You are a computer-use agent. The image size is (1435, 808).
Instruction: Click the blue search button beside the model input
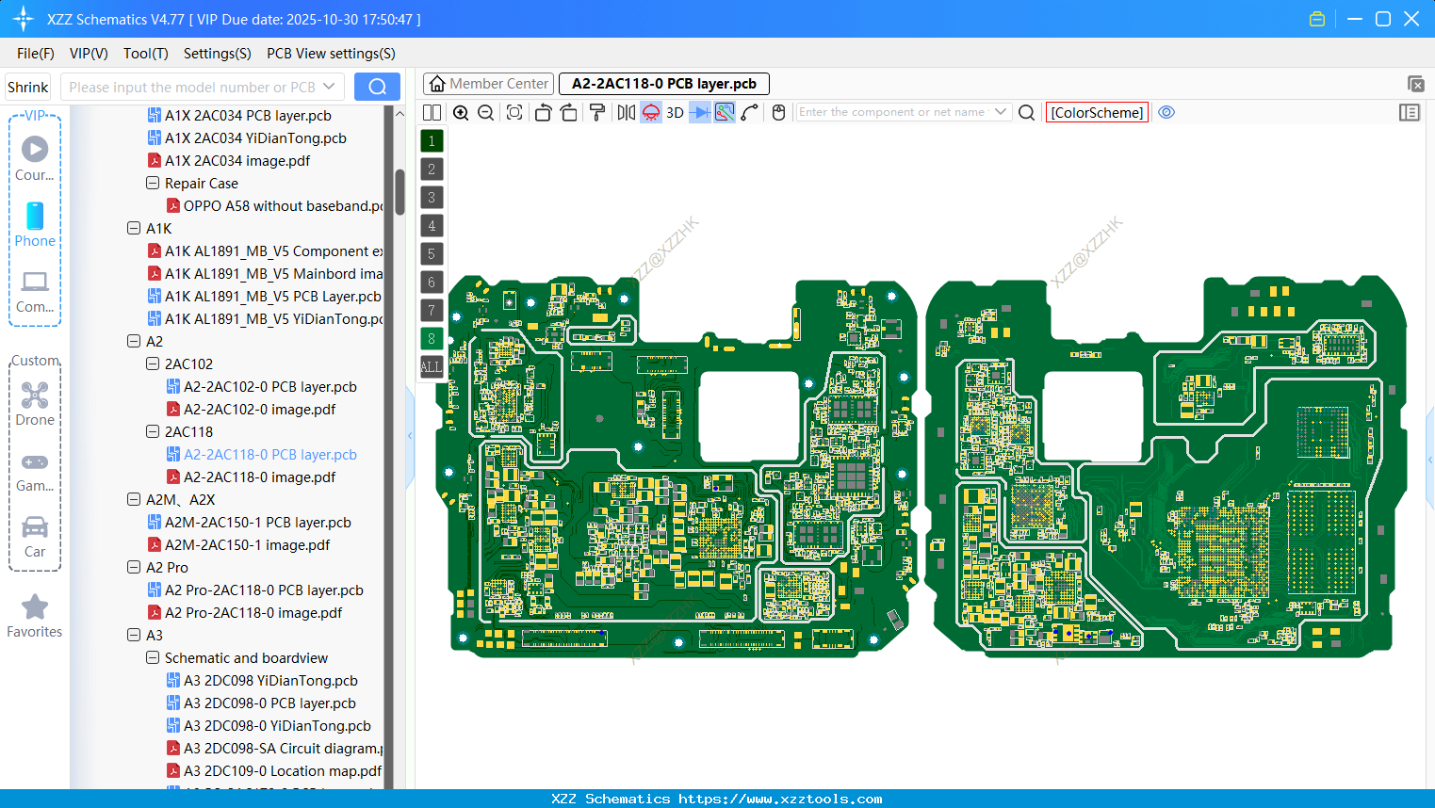point(377,87)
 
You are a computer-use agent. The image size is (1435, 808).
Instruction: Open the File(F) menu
point(36,54)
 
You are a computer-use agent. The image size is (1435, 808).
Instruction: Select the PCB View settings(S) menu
point(331,54)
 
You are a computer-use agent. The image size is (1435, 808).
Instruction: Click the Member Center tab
point(488,84)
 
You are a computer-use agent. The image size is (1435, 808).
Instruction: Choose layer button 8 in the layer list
point(432,339)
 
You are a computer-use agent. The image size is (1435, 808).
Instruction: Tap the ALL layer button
point(432,367)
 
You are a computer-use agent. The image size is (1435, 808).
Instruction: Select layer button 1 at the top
point(432,141)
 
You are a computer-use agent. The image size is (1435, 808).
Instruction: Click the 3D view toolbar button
point(675,113)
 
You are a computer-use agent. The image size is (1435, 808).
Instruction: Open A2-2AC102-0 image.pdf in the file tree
point(259,410)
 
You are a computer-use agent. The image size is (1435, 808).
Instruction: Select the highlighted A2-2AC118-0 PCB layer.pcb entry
point(269,455)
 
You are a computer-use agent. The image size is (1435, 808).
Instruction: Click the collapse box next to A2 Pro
point(134,568)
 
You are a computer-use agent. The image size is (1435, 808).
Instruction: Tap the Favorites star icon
point(35,607)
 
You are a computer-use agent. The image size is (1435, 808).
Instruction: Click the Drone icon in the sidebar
point(35,396)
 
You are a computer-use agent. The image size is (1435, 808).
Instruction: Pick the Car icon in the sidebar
point(35,527)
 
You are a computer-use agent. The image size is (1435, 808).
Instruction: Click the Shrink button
point(28,88)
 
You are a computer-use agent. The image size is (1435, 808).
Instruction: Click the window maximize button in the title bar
point(1383,19)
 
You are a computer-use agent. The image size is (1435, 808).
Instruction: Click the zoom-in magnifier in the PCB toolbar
point(461,113)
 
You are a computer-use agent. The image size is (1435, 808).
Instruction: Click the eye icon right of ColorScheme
point(1166,112)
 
